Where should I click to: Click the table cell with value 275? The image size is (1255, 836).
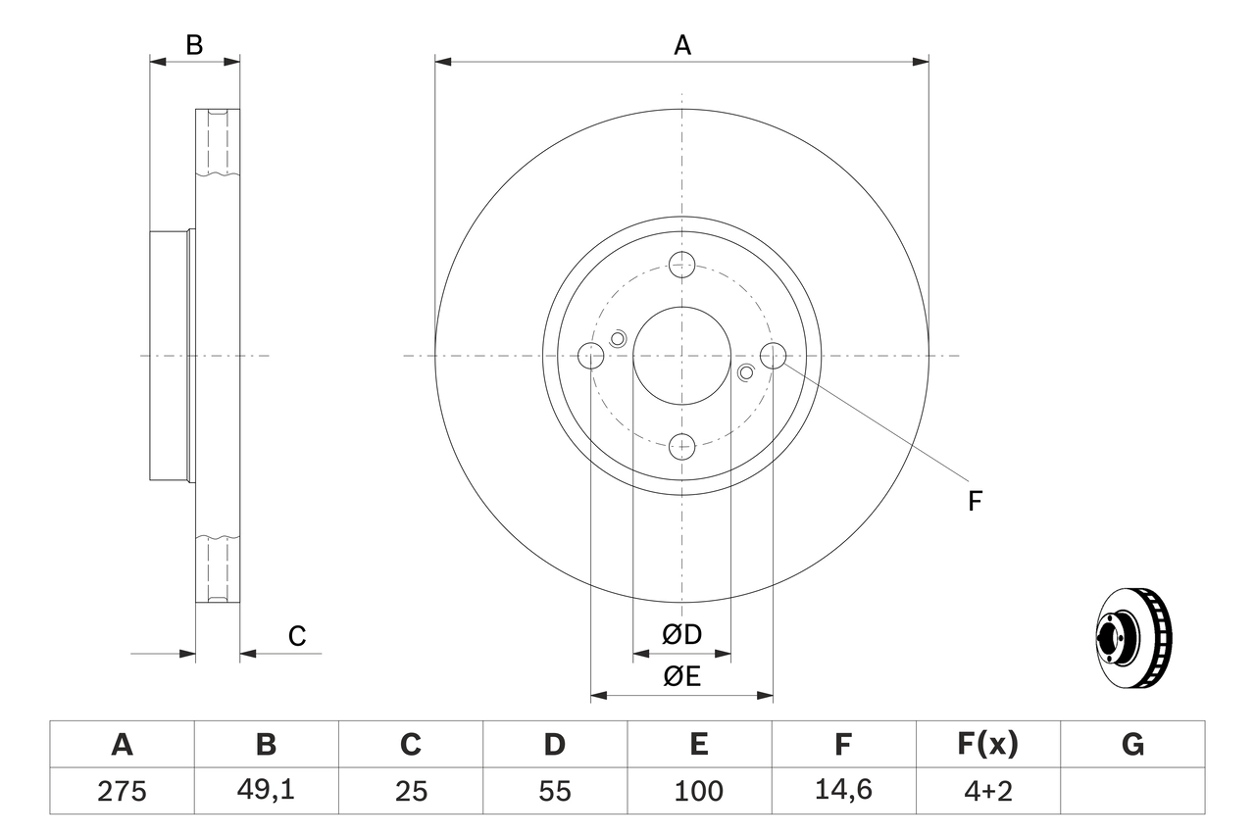[x=122, y=790]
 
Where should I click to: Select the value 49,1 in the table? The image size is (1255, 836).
[x=266, y=790]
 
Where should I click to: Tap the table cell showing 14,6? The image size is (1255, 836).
[x=843, y=790]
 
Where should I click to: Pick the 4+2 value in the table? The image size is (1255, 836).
[x=987, y=790]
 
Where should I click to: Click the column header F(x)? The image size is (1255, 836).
[x=987, y=745]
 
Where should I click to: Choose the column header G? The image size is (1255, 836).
[x=1132, y=745]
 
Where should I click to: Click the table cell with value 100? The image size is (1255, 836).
[x=698, y=790]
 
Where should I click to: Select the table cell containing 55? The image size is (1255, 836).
[x=554, y=790]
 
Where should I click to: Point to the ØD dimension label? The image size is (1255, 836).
[x=682, y=635]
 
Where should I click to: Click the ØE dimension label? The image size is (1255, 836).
[x=682, y=677]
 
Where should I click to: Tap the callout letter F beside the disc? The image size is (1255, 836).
[x=975, y=502]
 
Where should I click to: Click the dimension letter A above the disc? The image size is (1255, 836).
[x=682, y=45]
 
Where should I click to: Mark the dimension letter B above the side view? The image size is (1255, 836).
[x=194, y=45]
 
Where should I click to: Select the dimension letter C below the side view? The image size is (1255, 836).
[x=297, y=636]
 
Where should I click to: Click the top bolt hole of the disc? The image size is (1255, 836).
[x=682, y=264]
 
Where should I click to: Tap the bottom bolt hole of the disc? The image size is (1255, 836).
[x=682, y=447]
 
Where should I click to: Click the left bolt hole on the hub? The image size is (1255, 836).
[x=591, y=356]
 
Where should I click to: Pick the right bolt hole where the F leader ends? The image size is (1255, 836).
[x=774, y=356]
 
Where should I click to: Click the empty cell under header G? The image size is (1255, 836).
[x=1132, y=790]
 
